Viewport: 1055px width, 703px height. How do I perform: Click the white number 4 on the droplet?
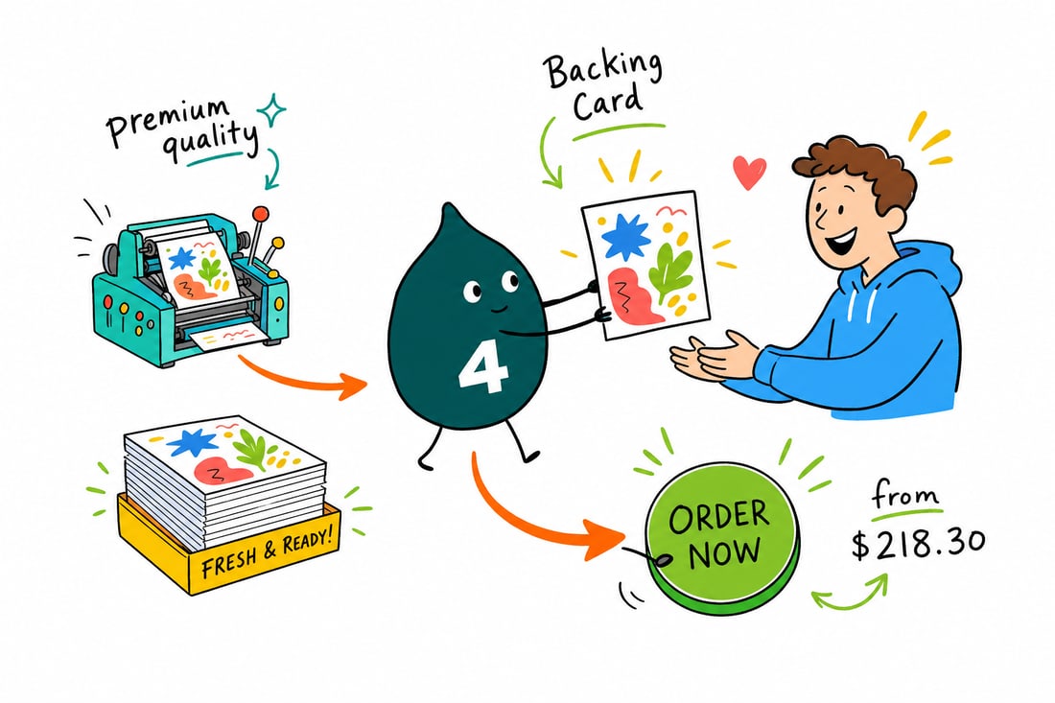pos(483,370)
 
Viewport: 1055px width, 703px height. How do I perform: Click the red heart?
pos(749,173)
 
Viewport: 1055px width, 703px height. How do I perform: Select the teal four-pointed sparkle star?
pos(271,110)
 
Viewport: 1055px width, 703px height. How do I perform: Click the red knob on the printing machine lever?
pos(260,215)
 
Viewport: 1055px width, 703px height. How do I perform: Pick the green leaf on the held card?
pos(669,269)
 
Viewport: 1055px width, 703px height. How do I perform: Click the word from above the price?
pos(905,497)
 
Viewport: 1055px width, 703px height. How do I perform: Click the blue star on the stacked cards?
pos(193,443)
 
